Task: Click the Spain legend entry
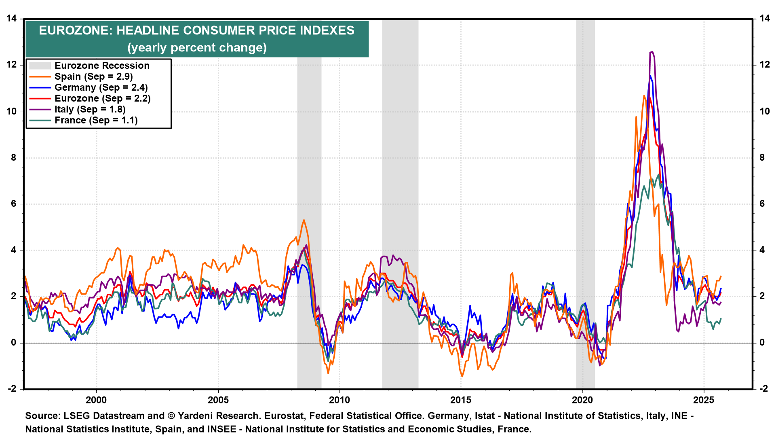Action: (x=93, y=76)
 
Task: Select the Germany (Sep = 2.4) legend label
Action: (x=101, y=87)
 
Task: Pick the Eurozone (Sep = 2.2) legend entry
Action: (x=102, y=98)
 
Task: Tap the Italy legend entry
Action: (x=90, y=109)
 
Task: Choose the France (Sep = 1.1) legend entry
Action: (x=96, y=120)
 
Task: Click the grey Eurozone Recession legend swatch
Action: (x=40, y=66)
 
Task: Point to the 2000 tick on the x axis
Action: (x=96, y=400)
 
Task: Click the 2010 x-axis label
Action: (x=339, y=400)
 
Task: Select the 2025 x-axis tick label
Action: (x=704, y=400)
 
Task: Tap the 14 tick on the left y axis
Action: (x=11, y=19)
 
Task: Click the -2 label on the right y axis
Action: (x=763, y=388)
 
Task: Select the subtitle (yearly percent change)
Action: (x=197, y=48)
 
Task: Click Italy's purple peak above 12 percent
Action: (x=652, y=52)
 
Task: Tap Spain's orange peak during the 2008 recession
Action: (x=304, y=220)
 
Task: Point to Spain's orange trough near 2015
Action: (x=462, y=376)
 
